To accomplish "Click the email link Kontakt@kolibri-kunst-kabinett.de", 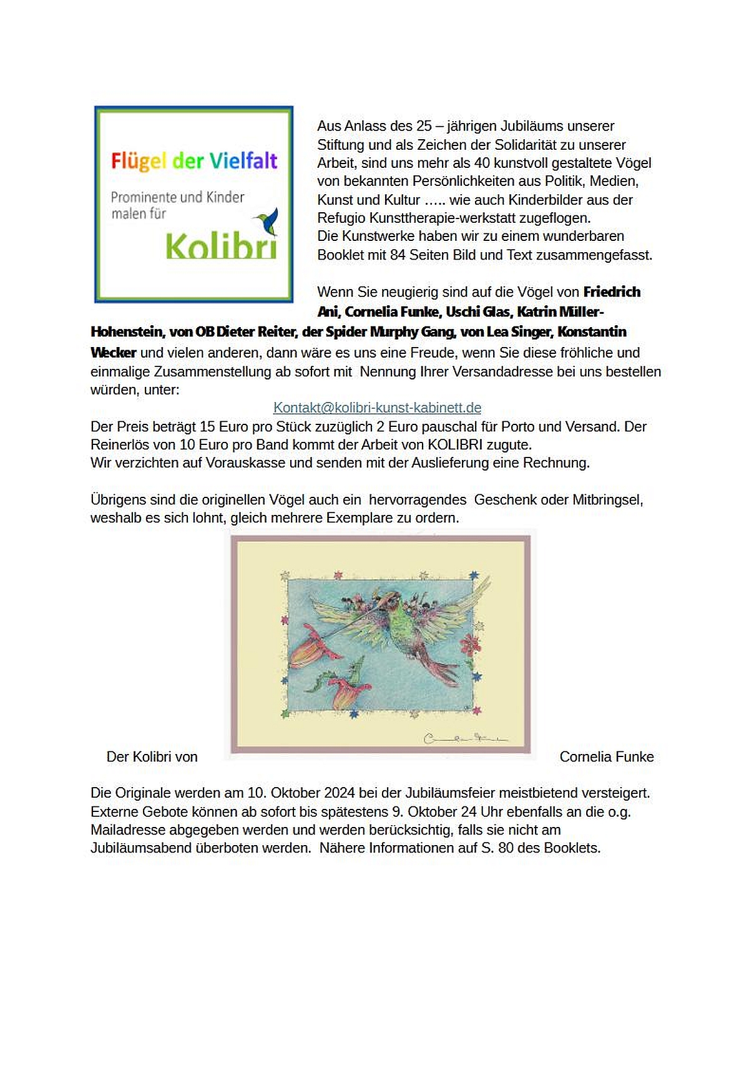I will (377, 408).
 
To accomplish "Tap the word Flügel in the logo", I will (139, 161).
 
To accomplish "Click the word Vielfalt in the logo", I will (243, 161).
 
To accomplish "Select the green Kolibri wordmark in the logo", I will (221, 246).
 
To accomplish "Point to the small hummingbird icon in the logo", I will (268, 220).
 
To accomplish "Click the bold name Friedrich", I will (612, 292).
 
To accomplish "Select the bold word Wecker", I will (113, 353).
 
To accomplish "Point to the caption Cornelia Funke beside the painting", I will (606, 756).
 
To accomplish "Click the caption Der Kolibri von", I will (152, 756).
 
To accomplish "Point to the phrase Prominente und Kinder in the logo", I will (177, 197).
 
